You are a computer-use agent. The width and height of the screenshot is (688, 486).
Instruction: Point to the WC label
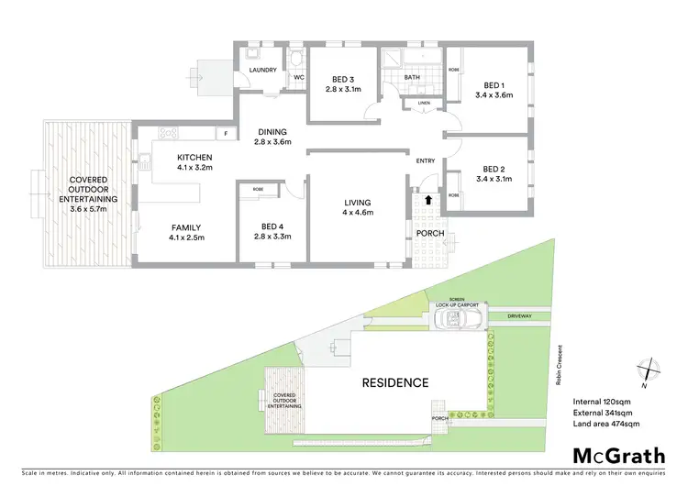pyautogui.click(x=298, y=77)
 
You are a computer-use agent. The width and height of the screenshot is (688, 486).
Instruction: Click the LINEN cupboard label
pyautogui.click(x=423, y=103)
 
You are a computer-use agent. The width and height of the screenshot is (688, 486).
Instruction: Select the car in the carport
pyautogui.click(x=458, y=318)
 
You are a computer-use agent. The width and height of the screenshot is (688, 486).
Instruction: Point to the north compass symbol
pyautogui.click(x=649, y=369)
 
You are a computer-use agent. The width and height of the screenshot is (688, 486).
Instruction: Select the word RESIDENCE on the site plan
pyautogui.click(x=394, y=382)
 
